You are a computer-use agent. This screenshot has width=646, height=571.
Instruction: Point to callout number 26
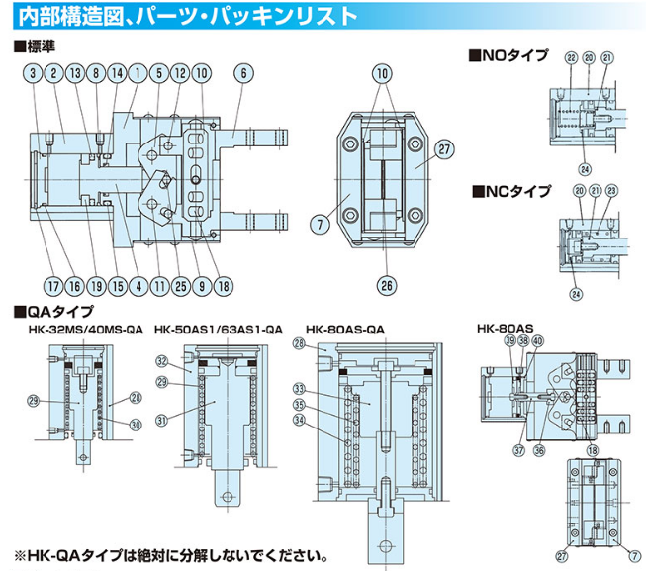pyautogui.click(x=385, y=285)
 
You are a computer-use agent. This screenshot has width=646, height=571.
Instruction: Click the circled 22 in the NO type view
pyautogui.click(x=570, y=58)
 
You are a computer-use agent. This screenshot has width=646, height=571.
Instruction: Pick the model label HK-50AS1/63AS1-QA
pyautogui.click(x=219, y=329)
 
